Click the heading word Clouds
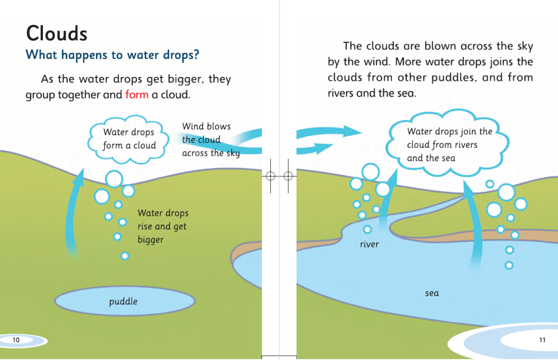pyautogui.click(x=57, y=34)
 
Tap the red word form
pyautogui.click(x=136, y=95)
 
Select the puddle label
pyautogui.click(x=123, y=301)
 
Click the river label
pyautogui.click(x=369, y=244)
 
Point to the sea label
pyautogui.click(x=432, y=293)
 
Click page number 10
pyautogui.click(x=16, y=340)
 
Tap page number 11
pyautogui.click(x=542, y=340)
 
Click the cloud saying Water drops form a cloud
pyautogui.click(x=129, y=139)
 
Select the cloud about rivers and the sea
pyautogui.click(x=447, y=144)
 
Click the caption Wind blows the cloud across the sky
pyautogui.click(x=211, y=139)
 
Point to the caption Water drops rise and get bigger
pyautogui.click(x=163, y=226)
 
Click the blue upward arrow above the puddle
pyautogui.click(x=73, y=213)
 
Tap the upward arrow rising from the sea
pyautogui.click(x=473, y=224)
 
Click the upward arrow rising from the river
pyautogui.click(x=387, y=199)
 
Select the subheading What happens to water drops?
pyautogui.click(x=112, y=55)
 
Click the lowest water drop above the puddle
pyautogui.click(x=125, y=256)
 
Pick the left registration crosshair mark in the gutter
pyautogui.click(x=270, y=176)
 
